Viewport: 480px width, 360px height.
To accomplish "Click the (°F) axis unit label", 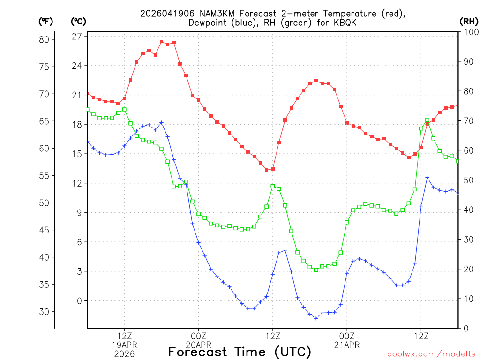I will pyautogui.click(x=45, y=21).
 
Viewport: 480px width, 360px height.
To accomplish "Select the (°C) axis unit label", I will pyautogui.click(x=78, y=21).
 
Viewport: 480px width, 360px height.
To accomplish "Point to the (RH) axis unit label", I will pyautogui.click(x=468, y=21).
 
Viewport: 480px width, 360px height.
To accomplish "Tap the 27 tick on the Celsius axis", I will pyautogui.click(x=77, y=36).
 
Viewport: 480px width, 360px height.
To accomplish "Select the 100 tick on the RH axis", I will pyautogui.click(x=469, y=32).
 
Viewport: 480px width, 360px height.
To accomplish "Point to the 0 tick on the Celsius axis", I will pyautogui.click(x=79, y=301).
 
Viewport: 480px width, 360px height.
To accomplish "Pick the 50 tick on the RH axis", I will pyautogui.click(x=467, y=180).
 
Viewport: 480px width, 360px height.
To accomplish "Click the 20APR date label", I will pyautogui.click(x=198, y=345).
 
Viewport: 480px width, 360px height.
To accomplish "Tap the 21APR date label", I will pyautogui.click(x=347, y=345).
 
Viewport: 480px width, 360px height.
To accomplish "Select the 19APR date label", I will pyautogui.click(x=124, y=345).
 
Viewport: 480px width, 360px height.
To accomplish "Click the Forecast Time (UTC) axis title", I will pyautogui.click(x=240, y=352).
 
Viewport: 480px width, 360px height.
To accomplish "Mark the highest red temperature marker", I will pyautogui.click(x=161, y=42).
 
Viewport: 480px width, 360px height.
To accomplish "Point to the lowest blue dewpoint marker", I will pyautogui.click(x=316, y=318).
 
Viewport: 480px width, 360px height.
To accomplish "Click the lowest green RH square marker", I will pyautogui.click(x=316, y=270).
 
